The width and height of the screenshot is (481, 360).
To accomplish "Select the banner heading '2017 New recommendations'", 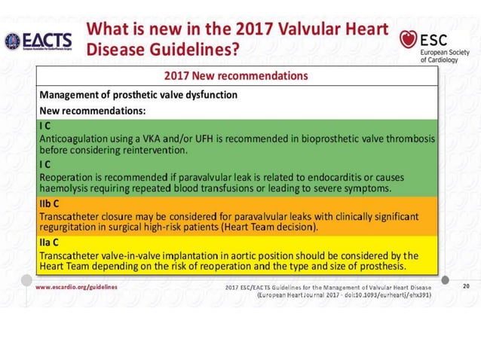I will tap(236, 76).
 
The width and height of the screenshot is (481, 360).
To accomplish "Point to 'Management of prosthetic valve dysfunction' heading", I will tap(139, 95).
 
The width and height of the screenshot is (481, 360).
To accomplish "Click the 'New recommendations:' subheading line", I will tap(92, 111).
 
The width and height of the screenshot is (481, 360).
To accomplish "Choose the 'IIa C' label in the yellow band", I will tap(51, 243).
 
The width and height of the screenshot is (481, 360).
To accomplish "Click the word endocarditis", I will tap(334, 176).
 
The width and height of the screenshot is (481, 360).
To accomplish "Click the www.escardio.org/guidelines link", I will tap(76, 287).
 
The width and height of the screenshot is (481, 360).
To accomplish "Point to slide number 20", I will tap(466, 286).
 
